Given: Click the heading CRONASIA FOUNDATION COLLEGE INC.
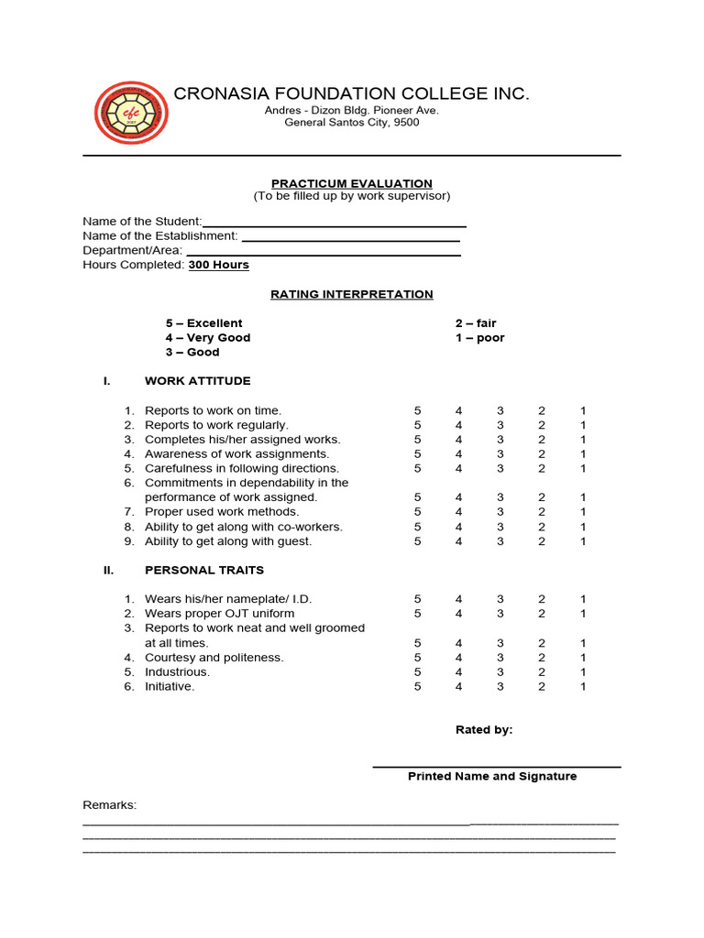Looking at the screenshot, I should pos(352,94).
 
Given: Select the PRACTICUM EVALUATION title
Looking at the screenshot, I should pos(352,184).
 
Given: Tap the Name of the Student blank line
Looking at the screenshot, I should pos(335,224).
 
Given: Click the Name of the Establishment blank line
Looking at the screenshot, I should pos(350,239).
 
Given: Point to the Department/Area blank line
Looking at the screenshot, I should pos(323,254).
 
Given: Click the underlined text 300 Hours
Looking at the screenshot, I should pos(218,266).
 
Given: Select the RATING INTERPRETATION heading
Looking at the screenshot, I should pos(352,295).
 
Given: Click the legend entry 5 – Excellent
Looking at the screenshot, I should pos(203,323).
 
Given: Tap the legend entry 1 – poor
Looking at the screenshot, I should pos(479,338).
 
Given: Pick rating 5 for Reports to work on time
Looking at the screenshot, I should pos(418,411).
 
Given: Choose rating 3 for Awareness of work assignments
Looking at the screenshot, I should pos(500,454).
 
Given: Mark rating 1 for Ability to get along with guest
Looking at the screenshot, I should pos(582,541).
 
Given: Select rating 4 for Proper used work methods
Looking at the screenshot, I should pos(459,512).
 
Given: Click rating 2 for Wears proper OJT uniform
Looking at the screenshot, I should pos(542,614).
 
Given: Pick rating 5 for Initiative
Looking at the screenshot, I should pos(418,687).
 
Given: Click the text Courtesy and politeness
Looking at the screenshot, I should pos(214,658).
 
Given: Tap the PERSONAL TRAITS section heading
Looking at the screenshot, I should pos(203,570).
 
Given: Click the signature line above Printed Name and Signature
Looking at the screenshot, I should pos(496,766).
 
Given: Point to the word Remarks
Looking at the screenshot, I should pos(109,805).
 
